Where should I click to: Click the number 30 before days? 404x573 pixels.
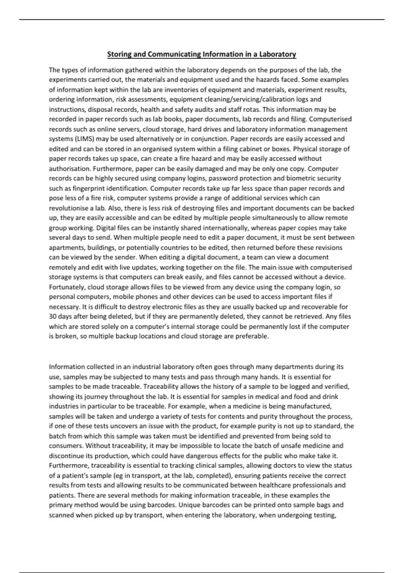coord(53,317)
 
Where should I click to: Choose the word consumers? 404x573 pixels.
coord(66,446)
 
